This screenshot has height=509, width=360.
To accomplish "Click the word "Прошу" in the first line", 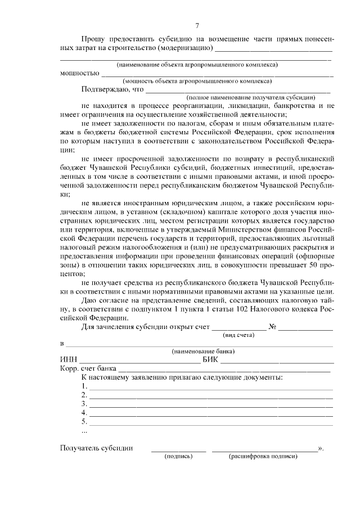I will click(x=93, y=39).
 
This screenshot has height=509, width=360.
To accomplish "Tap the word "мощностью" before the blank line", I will click(x=79, y=73).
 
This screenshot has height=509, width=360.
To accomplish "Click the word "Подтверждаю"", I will click(x=105, y=89).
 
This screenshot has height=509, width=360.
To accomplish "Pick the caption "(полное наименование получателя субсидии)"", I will click(x=255, y=97).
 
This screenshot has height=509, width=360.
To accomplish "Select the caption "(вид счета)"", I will click(x=238, y=335).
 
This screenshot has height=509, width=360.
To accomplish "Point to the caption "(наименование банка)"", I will click(x=203, y=351).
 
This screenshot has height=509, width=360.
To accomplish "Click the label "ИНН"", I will click(x=67, y=360).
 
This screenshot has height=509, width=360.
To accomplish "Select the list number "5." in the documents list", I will click(x=84, y=421).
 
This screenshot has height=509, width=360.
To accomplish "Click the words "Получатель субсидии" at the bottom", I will click(x=96, y=448).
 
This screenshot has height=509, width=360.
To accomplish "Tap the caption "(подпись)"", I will click(x=178, y=457).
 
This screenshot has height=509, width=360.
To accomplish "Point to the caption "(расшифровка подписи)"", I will click(x=263, y=457).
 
